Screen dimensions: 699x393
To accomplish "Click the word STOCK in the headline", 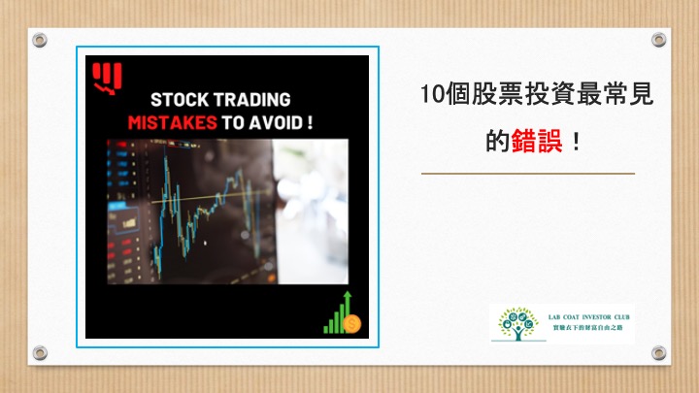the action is [180, 100].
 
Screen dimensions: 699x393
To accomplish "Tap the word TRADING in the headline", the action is [251, 100].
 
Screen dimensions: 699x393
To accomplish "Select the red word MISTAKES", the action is [173, 122].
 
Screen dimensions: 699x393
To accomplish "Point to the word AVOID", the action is [276, 122].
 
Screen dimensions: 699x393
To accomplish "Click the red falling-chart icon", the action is [107, 79].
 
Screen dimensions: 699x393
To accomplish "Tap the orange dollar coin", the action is [352, 324].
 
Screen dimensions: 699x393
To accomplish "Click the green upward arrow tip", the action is [348, 293].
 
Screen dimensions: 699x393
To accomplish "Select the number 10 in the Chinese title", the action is [432, 94].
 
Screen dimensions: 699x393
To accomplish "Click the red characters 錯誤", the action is [537, 141].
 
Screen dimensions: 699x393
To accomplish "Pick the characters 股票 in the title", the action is [497, 94].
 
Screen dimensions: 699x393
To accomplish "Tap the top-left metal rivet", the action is [40, 40].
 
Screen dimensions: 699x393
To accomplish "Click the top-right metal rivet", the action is [659, 40].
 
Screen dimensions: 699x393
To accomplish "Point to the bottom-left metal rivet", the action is [40, 353].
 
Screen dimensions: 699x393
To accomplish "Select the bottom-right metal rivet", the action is [659, 353].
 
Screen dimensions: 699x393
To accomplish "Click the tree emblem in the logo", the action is [518, 323].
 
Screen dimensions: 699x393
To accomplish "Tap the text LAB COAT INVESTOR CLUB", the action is [589, 317].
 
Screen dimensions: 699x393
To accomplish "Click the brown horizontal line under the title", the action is [528, 174].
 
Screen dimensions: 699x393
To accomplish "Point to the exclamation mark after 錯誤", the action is [577, 142].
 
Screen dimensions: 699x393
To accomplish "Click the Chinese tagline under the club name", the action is [588, 328].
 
